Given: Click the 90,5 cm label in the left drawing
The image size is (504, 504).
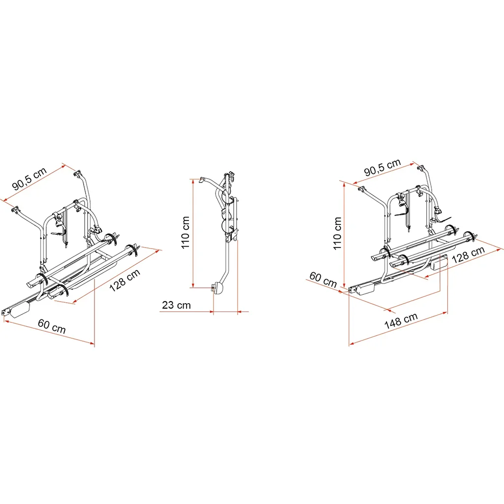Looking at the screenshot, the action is (30, 178).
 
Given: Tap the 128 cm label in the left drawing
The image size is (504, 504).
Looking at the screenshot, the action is (125, 280).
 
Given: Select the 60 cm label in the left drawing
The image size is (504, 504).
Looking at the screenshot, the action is (52, 326).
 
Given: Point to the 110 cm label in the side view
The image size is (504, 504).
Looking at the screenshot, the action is (186, 232).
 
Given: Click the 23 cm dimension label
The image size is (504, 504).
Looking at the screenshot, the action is (176, 305).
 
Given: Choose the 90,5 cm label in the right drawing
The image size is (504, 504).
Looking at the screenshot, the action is (382, 167).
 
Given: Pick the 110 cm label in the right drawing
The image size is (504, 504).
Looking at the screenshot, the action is (337, 233).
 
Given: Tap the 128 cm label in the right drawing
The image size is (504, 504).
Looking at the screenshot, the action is (469, 255).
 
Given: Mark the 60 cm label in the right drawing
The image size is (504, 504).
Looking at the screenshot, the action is (323, 280).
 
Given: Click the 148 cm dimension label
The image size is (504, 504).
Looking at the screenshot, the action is (401, 321).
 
